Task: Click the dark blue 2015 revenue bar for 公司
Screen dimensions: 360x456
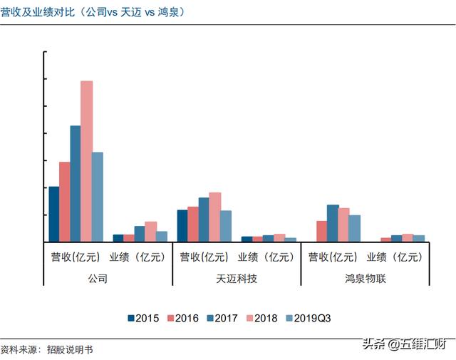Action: pos(53,214)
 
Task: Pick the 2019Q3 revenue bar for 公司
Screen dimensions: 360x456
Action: pos(97,197)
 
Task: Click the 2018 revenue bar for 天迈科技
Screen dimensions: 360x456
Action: pos(214,217)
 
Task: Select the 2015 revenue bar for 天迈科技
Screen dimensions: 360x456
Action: pos(182,225)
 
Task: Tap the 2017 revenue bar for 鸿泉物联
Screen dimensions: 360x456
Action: pos(333,223)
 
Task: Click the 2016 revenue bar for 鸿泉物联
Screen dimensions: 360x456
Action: pos(322,231)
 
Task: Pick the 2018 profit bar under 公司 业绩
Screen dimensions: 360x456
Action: pos(150,232)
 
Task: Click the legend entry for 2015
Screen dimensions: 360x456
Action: pos(143,318)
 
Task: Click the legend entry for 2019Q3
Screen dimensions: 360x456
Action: pos(307,318)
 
